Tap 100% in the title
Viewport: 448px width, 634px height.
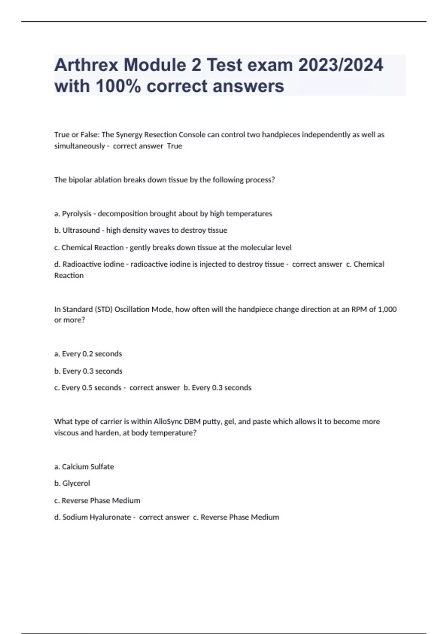point(118,86)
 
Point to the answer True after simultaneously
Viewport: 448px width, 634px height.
point(174,146)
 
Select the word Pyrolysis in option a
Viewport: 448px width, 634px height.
point(77,214)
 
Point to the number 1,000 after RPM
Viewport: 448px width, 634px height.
point(387,309)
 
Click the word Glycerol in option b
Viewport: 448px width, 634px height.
point(76,483)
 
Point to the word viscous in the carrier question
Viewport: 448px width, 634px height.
point(66,433)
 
